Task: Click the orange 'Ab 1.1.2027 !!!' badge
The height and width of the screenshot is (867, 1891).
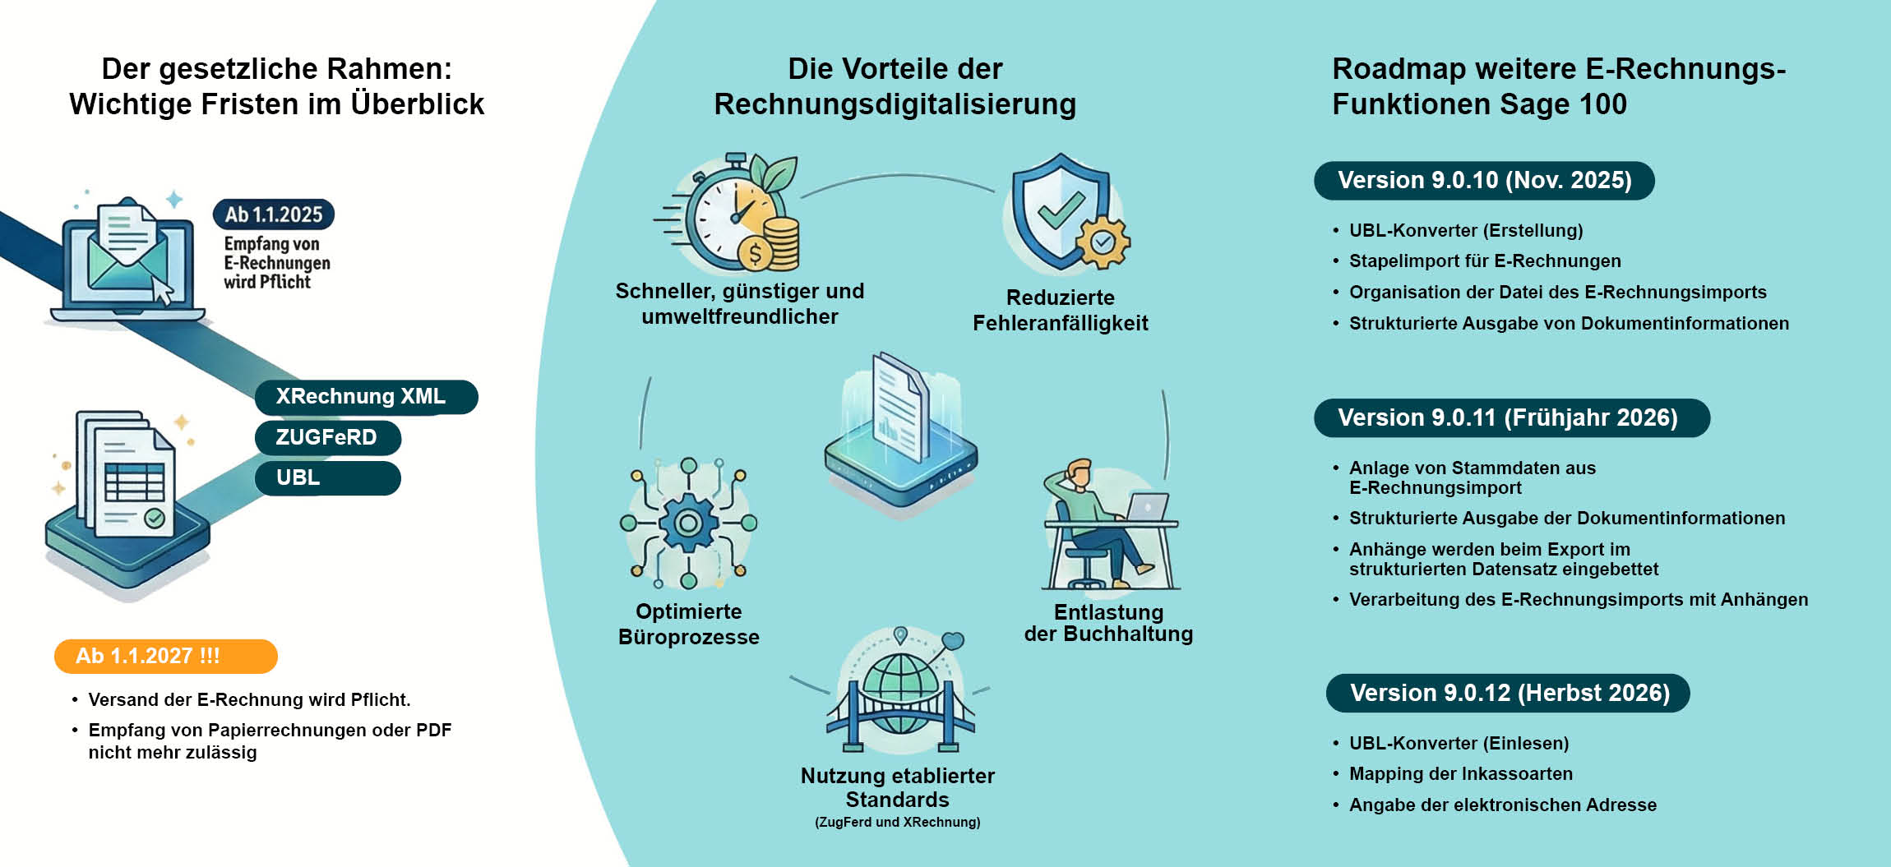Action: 165,656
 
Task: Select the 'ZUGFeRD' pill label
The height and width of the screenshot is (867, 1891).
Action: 327,437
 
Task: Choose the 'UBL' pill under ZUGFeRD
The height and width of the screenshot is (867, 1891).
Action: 327,477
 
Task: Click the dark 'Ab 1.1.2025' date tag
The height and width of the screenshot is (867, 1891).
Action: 274,214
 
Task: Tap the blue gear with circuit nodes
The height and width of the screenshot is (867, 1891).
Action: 689,523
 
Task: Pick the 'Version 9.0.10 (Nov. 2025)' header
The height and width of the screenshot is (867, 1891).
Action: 1484,181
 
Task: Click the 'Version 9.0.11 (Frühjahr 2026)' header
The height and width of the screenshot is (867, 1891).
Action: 1511,417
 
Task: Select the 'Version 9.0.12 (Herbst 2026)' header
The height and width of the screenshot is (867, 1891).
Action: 1508,693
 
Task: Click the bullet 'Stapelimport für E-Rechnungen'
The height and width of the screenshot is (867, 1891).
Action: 1484,261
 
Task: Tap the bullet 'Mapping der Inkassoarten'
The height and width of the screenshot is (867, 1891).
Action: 1460,773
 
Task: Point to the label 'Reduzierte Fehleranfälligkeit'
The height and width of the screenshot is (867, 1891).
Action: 1060,310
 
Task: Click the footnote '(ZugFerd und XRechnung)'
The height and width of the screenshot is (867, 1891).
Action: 897,822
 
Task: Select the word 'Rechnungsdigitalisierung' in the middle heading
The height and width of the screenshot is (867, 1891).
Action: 895,104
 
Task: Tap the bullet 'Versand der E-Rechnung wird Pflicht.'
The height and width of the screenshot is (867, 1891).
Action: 249,699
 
